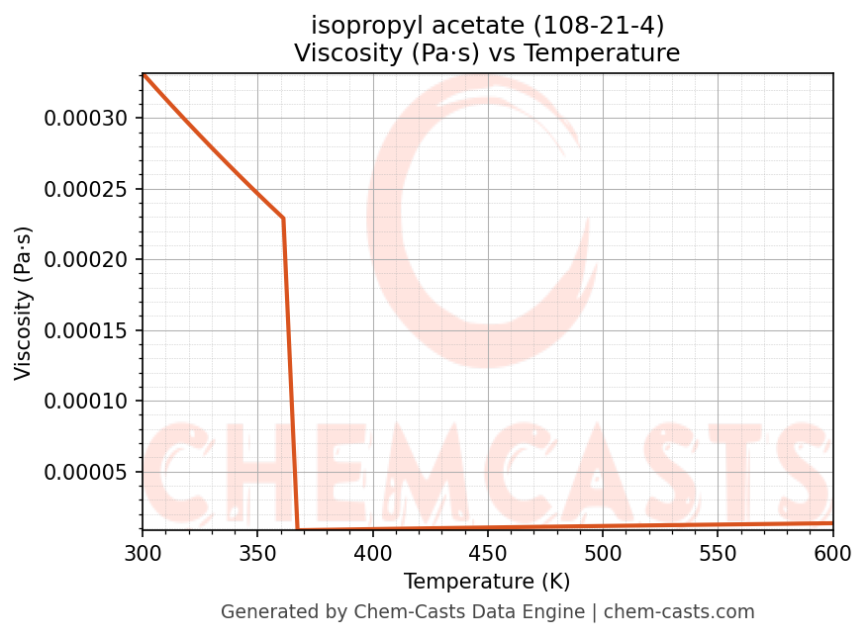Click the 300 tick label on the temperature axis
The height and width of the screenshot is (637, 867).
click(x=143, y=554)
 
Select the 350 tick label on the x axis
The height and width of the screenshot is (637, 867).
click(x=257, y=554)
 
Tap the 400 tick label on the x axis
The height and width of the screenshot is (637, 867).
click(x=372, y=554)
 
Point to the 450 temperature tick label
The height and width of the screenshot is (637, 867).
click(x=487, y=554)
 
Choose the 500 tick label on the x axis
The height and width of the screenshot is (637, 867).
click(x=603, y=554)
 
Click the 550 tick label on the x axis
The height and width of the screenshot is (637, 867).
click(x=718, y=554)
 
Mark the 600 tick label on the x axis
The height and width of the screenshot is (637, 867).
click(x=832, y=554)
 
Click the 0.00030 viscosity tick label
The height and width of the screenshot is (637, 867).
click(x=86, y=119)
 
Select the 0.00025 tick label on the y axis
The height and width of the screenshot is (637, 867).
click(x=86, y=189)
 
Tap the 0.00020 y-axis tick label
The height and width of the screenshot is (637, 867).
click(x=86, y=260)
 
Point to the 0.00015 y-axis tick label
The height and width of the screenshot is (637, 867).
click(x=86, y=330)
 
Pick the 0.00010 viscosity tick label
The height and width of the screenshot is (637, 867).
click(x=86, y=402)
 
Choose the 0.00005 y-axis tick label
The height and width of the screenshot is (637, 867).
click(x=86, y=472)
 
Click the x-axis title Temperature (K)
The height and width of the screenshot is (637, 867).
click(x=487, y=582)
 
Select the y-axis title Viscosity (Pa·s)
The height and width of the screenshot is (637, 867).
click(x=24, y=303)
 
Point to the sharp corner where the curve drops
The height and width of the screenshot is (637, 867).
click(x=283, y=218)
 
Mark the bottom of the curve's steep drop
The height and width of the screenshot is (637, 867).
click(x=298, y=529)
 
